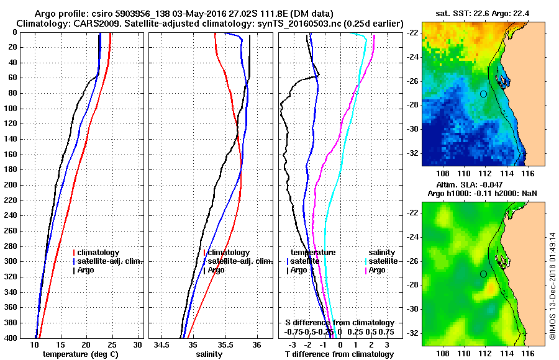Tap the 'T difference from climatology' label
(x=339, y=354)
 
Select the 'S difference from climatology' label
(x=339, y=323)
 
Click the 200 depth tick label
(x=9, y=184)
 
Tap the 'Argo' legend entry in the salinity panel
(x=216, y=270)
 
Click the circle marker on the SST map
(x=483, y=94)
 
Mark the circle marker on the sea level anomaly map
(x=483, y=274)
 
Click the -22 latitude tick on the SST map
(x=412, y=33)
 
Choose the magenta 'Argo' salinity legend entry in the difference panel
(x=377, y=270)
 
